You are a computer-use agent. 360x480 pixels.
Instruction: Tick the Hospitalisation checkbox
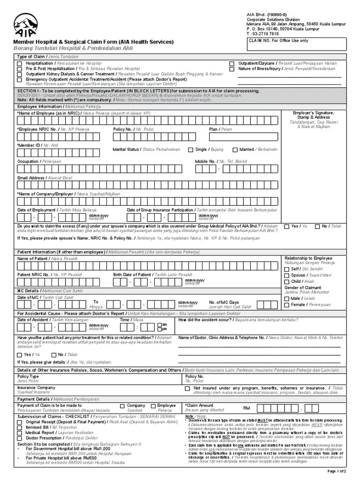[19, 63]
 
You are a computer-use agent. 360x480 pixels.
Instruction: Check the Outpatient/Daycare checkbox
[232, 63]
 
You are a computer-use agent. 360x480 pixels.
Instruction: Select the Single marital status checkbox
[191, 150]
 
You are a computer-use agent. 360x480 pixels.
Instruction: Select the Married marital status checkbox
[235, 150]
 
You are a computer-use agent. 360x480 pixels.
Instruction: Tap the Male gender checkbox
[286, 298]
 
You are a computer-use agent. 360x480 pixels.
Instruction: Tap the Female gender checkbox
[286, 305]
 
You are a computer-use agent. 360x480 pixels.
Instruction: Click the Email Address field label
[31, 178]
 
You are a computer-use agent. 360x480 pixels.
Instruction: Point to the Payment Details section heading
[32, 398]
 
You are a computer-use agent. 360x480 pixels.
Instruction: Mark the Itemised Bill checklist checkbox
[20, 427]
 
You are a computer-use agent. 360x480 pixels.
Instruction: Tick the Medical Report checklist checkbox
[20, 433]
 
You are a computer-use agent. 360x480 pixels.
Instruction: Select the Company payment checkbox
[122, 406]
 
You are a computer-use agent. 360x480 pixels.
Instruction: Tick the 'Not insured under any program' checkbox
[187, 389]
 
